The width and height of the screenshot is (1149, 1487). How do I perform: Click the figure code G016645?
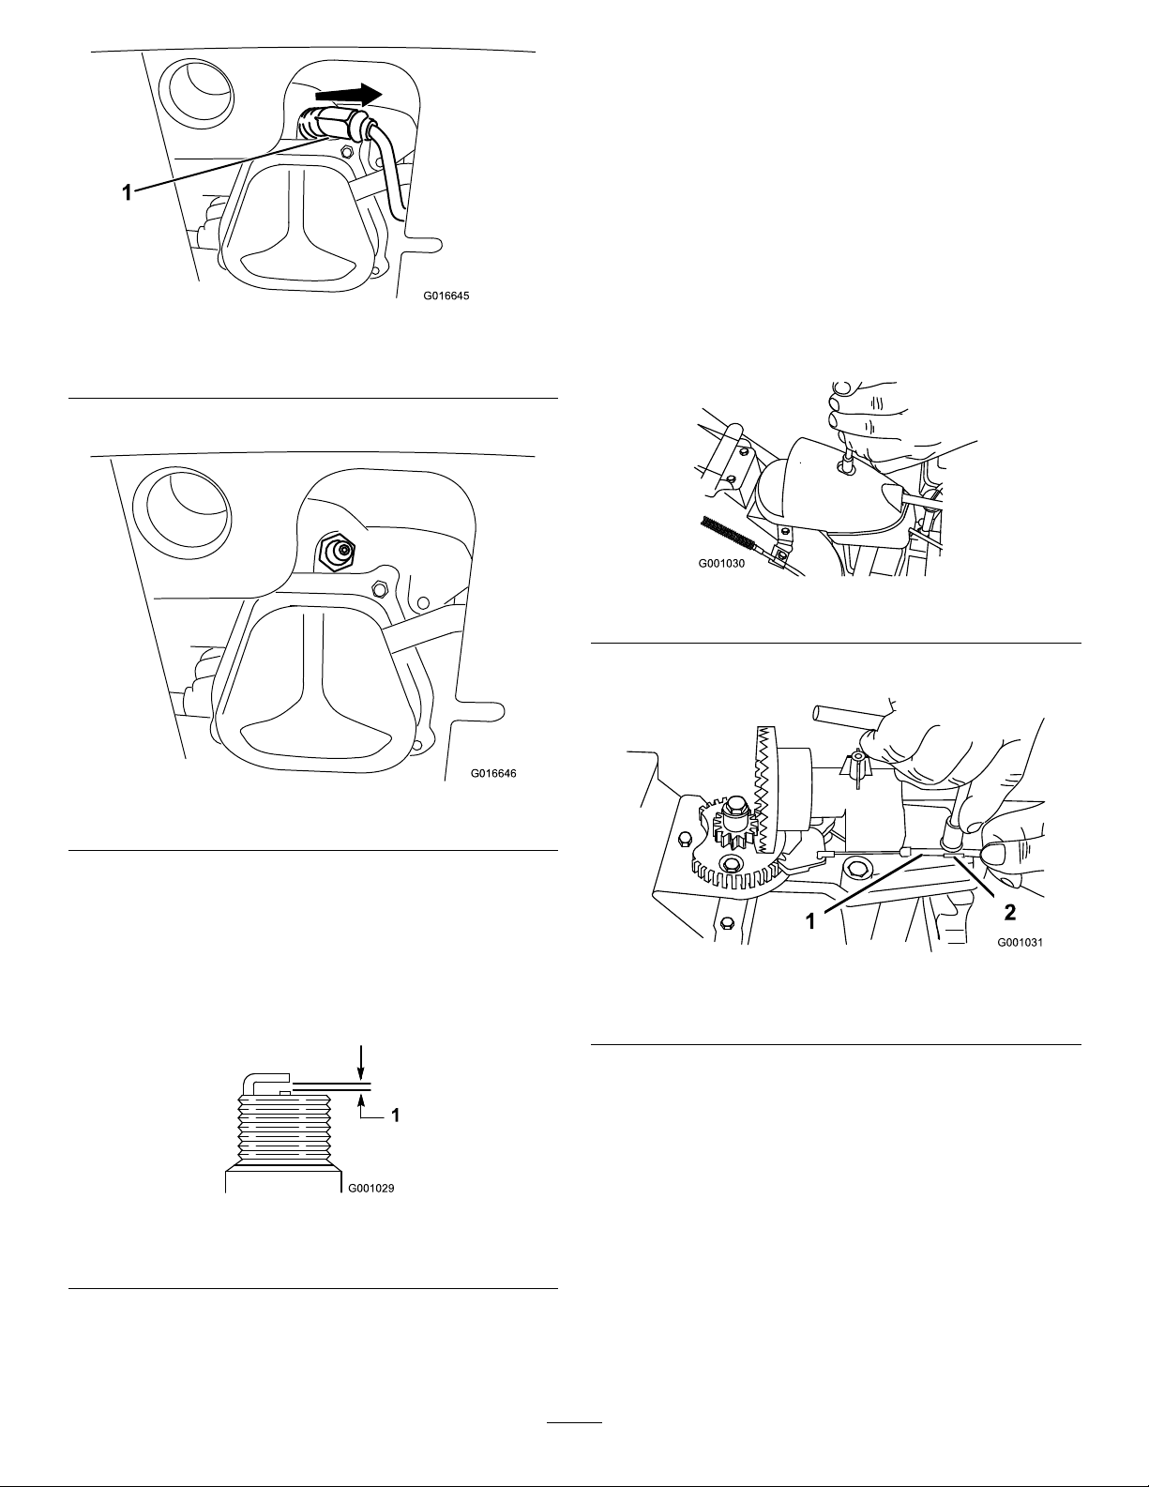pyautogui.click(x=446, y=296)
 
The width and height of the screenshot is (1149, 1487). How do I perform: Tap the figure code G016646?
pyautogui.click(x=493, y=773)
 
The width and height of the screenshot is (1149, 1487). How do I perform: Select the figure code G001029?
pyautogui.click(x=370, y=1188)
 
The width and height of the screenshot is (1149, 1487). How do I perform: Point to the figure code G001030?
pyautogui.click(x=721, y=563)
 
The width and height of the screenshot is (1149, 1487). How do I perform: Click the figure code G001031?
pyautogui.click(x=1020, y=942)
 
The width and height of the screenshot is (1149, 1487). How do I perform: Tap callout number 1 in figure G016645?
pyautogui.click(x=127, y=192)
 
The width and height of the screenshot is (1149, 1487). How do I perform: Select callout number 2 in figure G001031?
pyautogui.click(x=1009, y=912)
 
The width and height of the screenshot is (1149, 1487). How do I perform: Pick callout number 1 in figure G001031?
pyautogui.click(x=810, y=922)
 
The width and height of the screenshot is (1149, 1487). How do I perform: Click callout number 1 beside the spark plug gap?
pyautogui.click(x=395, y=1115)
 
